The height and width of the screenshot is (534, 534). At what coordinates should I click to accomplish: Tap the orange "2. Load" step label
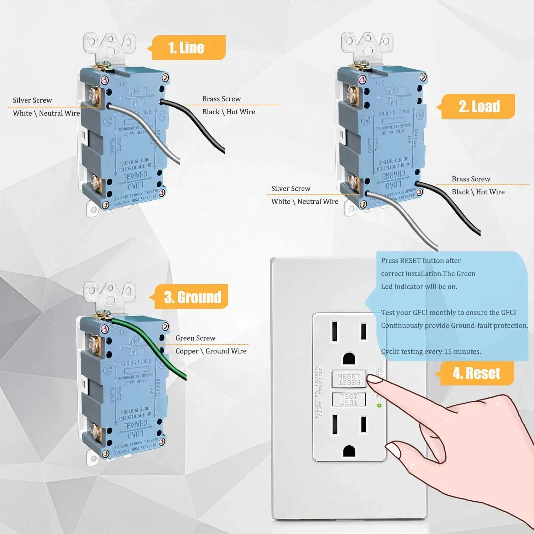tap(478, 106)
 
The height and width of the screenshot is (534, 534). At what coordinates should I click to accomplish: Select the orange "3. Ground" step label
tap(192, 297)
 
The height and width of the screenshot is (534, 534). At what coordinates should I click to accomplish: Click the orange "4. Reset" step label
tap(476, 373)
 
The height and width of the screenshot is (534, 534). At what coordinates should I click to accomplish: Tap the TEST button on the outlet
tap(349, 399)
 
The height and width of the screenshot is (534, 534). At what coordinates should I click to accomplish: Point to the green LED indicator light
tap(379, 405)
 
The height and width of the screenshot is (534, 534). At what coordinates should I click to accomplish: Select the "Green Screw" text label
tap(195, 338)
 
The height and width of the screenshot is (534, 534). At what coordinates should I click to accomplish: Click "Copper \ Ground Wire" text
tap(211, 351)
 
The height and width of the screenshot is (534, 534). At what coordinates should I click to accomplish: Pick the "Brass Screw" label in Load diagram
tap(471, 179)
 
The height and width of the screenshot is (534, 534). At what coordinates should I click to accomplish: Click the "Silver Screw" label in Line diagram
tap(32, 100)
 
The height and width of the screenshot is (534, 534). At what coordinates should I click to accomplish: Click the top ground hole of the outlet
tap(349, 358)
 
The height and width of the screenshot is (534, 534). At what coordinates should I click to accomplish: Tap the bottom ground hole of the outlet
tap(349, 451)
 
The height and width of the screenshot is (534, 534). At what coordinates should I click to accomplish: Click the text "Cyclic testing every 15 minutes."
tap(431, 351)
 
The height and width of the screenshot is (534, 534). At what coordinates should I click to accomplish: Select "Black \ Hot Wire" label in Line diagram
tap(229, 112)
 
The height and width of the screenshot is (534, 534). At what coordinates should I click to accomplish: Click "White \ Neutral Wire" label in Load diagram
tap(305, 201)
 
